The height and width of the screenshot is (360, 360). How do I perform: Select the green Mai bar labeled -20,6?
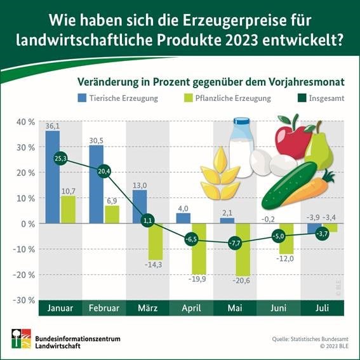(x=242, y=249)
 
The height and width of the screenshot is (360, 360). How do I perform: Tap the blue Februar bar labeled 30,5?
(x=96, y=184)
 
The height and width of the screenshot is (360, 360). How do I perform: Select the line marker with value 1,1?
(x=147, y=221)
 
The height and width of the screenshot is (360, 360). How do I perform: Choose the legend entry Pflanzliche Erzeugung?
(x=226, y=98)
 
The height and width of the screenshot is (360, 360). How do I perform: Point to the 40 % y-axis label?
(x=25, y=122)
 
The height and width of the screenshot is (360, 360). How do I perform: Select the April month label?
(x=191, y=309)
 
